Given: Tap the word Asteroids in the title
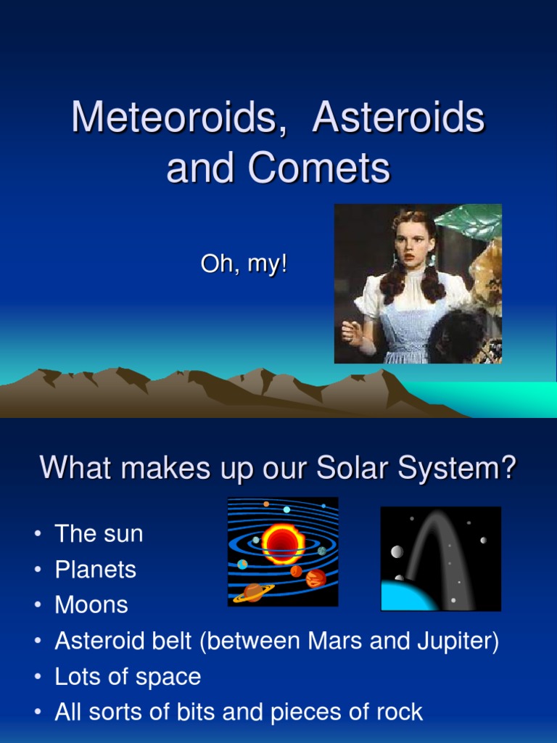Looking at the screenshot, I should point(398,118).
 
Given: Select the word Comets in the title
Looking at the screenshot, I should point(319,168).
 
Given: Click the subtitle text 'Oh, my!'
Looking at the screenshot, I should point(244,265).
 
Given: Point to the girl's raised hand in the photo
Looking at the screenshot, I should point(352,333).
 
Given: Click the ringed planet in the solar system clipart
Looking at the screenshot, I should point(253,592).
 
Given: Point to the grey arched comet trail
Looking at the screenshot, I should point(435,537).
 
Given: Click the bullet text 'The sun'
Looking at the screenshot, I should point(99,534).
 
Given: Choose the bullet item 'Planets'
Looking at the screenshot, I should point(95,570).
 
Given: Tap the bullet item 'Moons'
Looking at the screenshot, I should point(91,605).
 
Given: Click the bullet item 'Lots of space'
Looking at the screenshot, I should point(128,677).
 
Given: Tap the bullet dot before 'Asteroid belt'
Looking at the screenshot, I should point(37,642).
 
